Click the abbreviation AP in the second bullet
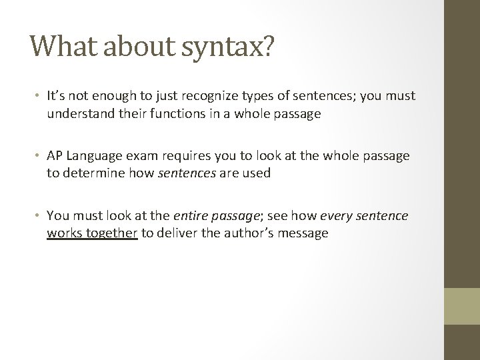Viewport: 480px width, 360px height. [x=54, y=155]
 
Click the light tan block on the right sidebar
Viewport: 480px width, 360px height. [x=461, y=305]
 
